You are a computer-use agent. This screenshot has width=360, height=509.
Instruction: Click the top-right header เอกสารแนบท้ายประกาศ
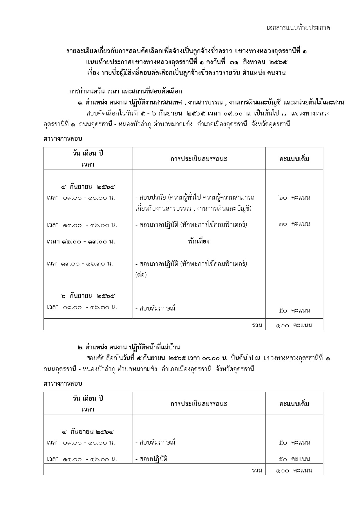[298, 28]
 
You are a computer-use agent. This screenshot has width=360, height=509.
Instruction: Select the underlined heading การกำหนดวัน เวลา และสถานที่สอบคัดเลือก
[125, 92]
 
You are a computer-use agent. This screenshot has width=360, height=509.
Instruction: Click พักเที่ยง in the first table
[198, 241]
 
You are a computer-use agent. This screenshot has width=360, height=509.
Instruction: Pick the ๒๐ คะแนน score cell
[294, 198]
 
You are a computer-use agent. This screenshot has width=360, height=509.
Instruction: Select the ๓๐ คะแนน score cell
[294, 224]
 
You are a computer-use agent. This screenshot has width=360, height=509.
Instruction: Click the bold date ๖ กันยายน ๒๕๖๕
[88, 296]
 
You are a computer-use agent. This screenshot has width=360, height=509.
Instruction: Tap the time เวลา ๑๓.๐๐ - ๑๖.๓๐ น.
[80, 264]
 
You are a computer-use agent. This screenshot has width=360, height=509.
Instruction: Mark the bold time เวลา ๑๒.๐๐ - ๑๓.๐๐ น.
[81, 241]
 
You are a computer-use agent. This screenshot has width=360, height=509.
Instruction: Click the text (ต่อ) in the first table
[141, 275]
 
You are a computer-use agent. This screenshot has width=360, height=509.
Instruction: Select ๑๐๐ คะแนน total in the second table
[294, 470]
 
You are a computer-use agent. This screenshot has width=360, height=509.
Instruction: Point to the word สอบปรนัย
[150, 198]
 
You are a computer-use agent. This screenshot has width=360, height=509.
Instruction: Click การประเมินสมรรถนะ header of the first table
[199, 159]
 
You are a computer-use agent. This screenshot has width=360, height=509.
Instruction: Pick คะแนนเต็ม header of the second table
[294, 404]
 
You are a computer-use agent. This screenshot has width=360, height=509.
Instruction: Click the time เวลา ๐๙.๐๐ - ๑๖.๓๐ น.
[82, 307]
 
